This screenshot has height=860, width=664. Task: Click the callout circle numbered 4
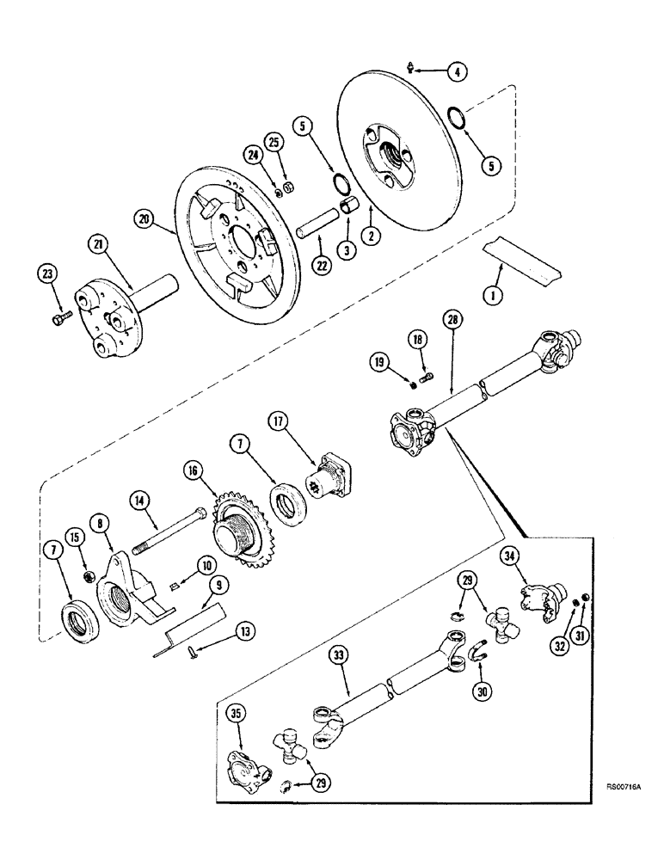coord(460,72)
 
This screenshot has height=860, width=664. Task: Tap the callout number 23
coord(48,276)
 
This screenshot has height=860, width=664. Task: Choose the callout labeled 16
coord(192,470)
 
